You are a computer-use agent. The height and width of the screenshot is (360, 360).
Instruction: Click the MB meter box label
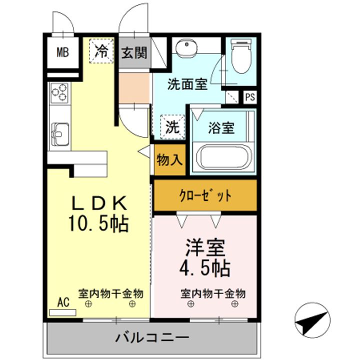pyautogui.click(x=62, y=51)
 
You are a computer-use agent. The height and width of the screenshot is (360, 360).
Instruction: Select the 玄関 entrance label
pyautogui.click(x=134, y=51)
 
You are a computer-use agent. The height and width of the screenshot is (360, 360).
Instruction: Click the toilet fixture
pyautogui.click(x=241, y=55)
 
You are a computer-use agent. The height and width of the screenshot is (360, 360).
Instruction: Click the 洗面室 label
pyautogui.click(x=187, y=84)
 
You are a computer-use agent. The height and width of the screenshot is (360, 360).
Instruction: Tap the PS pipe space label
pyautogui.click(x=249, y=97)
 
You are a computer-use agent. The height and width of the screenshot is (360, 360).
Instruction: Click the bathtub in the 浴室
pyautogui.click(x=222, y=157)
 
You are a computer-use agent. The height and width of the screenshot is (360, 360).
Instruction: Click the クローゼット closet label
pyautogui.click(x=205, y=195)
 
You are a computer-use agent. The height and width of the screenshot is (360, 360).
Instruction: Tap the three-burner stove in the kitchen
pyautogui.click(x=59, y=93)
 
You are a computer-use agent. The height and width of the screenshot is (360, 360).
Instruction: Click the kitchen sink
pyautogui.click(x=59, y=133)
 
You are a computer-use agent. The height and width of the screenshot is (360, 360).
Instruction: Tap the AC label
pyautogui.click(x=63, y=301)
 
